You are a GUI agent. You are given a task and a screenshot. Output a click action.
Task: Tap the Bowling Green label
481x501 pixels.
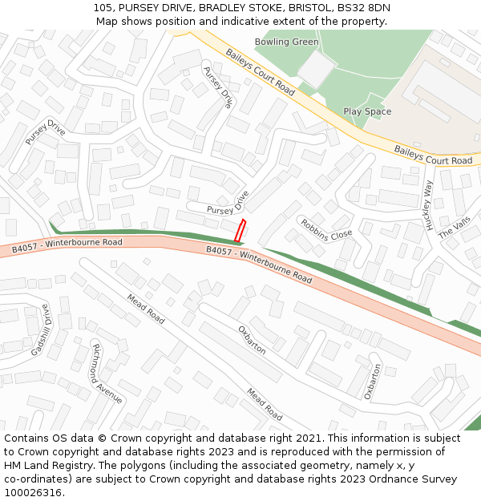tap(286, 42)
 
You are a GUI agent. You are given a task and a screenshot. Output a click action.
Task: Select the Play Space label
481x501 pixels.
tap(367, 111)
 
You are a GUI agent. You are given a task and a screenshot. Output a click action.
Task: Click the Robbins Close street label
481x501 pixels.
tap(326, 229)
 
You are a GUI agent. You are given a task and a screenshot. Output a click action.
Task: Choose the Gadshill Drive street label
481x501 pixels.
tap(41, 329)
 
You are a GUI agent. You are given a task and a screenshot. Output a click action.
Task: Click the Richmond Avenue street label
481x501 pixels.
tap(107, 373)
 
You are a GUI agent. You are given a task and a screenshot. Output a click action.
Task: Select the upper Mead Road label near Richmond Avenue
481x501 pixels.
tap(146, 309)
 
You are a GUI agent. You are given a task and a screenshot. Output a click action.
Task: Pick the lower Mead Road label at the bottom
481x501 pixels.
tap(265, 404)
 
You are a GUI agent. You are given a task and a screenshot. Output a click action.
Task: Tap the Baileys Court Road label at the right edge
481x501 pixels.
tap(433, 156)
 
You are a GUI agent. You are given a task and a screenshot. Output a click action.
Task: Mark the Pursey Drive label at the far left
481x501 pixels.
tap(45, 132)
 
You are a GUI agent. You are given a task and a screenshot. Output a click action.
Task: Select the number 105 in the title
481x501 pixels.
tap(102, 7)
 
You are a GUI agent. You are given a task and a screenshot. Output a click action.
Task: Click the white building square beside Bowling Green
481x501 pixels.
tap(317, 69)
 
